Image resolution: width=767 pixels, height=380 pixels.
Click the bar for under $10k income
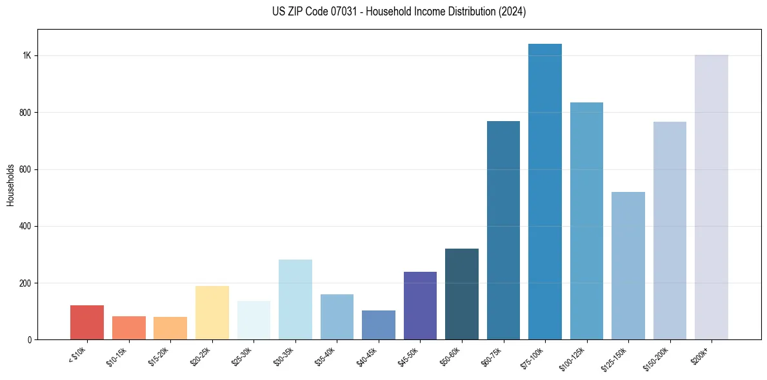pyautogui.click(x=87, y=323)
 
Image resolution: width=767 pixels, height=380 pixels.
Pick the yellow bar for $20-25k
pyautogui.click(x=212, y=313)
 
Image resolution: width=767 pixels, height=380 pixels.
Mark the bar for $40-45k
pyautogui.click(x=379, y=325)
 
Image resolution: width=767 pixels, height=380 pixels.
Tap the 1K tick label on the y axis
pyautogui.click(x=26, y=56)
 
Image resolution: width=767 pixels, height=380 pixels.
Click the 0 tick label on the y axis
pyautogui.click(x=30, y=340)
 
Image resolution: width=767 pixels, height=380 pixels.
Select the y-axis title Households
pyautogui.click(x=11, y=185)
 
